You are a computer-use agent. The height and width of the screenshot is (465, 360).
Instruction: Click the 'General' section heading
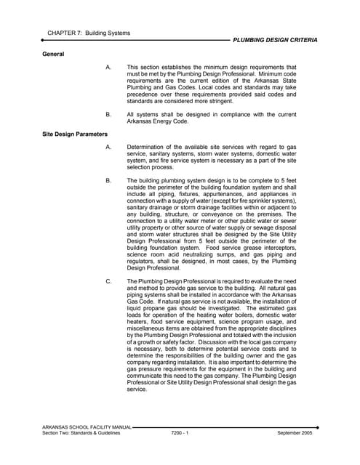point(53,54)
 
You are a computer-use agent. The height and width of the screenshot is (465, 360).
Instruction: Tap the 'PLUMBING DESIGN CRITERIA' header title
point(275,41)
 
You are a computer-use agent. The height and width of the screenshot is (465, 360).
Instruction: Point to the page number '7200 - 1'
point(178,433)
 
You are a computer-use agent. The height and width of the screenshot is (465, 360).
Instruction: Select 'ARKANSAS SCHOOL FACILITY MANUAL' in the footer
point(87,426)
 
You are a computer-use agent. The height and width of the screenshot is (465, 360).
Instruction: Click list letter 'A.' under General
point(108,67)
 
